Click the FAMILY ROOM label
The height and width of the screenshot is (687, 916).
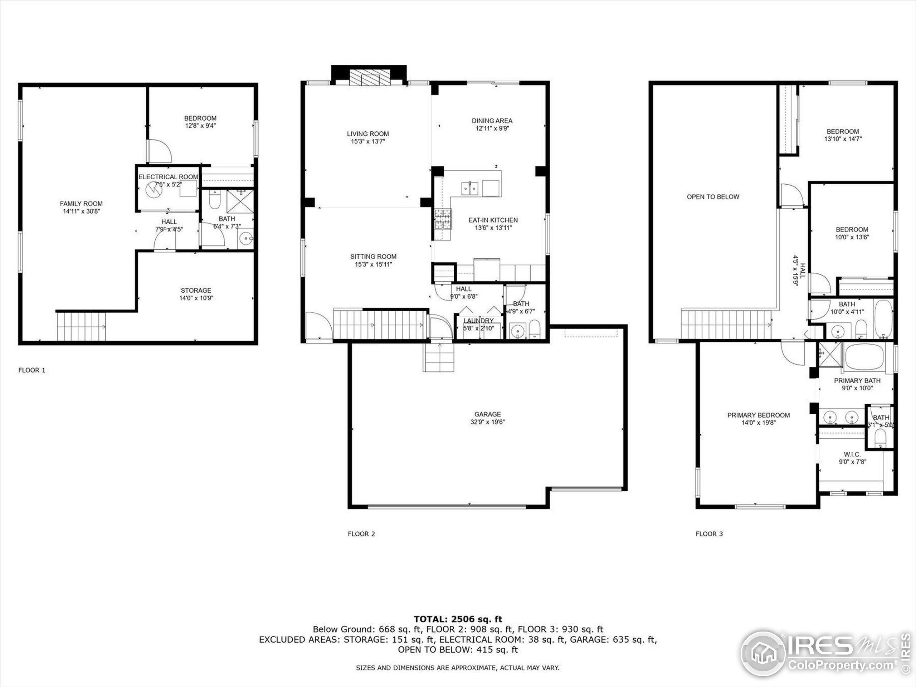(81, 203)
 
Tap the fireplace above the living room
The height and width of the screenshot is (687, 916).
(370, 77)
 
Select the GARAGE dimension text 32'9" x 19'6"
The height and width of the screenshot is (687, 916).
(487, 422)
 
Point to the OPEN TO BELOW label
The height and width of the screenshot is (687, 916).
(713, 197)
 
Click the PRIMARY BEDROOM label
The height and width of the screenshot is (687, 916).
(758, 415)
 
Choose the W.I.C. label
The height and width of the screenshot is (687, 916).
(852, 454)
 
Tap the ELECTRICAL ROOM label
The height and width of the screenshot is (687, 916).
(168, 177)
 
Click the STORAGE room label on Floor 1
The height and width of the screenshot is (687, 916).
(196, 290)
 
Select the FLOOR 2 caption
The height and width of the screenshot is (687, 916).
(361, 534)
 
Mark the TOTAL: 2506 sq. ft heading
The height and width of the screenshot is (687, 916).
(458, 619)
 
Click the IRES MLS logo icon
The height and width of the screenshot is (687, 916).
(763, 653)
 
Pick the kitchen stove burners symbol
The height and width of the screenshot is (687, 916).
(442, 219)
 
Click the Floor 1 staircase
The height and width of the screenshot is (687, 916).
(81, 326)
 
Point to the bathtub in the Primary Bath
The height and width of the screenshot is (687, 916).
(864, 356)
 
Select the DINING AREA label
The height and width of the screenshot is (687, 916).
(492, 121)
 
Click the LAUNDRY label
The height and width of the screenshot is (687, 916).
(478, 321)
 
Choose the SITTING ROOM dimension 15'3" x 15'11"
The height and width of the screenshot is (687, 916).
(373, 264)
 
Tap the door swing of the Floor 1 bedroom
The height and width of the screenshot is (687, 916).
(160, 151)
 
